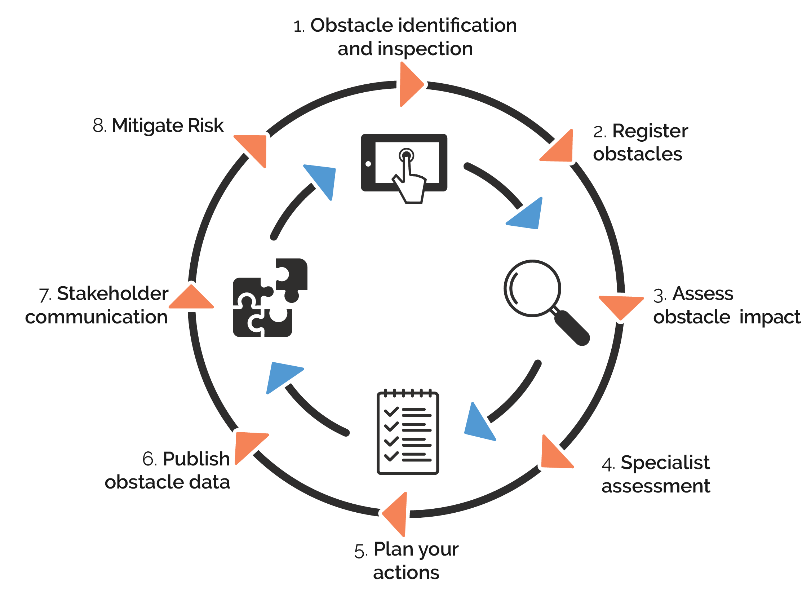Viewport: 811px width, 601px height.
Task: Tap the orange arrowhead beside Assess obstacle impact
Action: tap(620, 306)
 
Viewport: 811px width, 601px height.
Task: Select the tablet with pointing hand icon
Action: tap(404, 164)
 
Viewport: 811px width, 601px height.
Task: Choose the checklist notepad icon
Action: tap(407, 433)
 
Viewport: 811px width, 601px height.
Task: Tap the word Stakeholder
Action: tap(113, 293)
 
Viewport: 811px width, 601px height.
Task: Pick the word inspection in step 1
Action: tap(425, 49)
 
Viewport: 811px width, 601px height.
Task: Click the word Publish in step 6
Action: tap(196, 459)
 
